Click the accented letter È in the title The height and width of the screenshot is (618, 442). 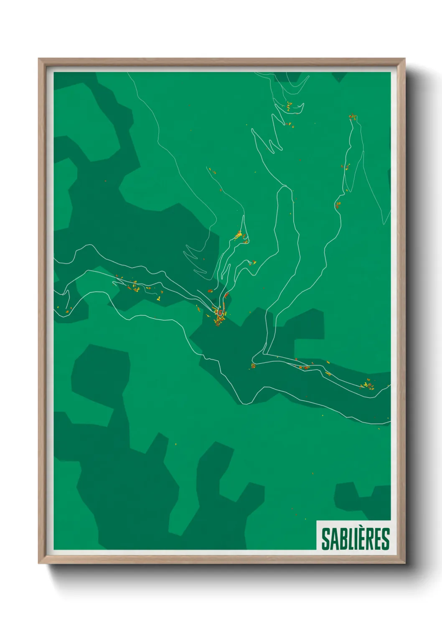(x=363, y=539)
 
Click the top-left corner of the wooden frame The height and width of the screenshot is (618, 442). (x=39, y=59)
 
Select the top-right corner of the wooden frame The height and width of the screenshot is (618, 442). (x=404, y=59)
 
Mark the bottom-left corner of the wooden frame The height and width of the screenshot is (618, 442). (x=39, y=563)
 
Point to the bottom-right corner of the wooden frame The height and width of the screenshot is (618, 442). (x=404, y=563)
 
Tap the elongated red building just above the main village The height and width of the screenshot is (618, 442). (x=226, y=295)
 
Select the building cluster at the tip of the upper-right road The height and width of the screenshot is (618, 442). (x=353, y=117)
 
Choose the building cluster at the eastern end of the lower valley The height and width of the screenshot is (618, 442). (x=368, y=385)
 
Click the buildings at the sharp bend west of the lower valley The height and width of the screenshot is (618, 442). (x=253, y=366)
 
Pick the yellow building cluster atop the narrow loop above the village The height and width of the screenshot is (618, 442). (x=240, y=235)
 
